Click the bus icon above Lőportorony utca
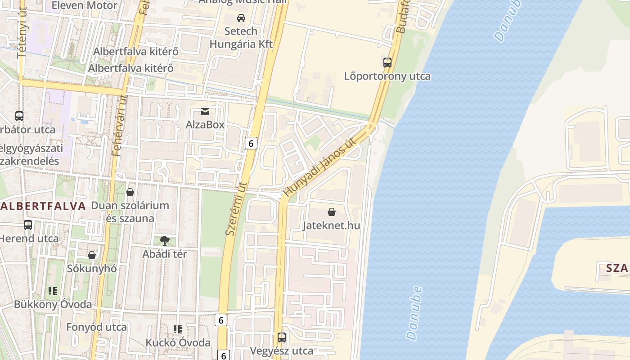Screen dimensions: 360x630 pyautogui.click(x=387, y=63)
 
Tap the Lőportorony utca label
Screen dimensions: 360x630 pyautogui.click(x=387, y=76)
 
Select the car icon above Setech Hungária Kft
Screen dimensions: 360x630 pyautogui.click(x=241, y=18)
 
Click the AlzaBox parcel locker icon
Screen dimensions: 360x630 pyautogui.click(x=205, y=111)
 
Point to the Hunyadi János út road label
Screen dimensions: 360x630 pyautogui.click(x=319, y=168)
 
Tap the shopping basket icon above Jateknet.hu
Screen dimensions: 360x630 pyautogui.click(x=332, y=212)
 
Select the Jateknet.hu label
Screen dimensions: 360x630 pyautogui.click(x=332, y=225)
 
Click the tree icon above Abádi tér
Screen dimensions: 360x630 pyautogui.click(x=165, y=240)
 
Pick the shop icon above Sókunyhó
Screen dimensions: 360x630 pyautogui.click(x=92, y=255)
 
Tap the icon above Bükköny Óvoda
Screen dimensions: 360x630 pyautogui.click(x=53, y=291)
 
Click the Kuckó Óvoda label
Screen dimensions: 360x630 pyautogui.click(x=178, y=342)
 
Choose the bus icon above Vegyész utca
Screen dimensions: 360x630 pyautogui.click(x=282, y=337)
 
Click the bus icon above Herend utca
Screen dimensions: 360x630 pyautogui.click(x=28, y=225)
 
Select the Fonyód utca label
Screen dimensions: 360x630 pyautogui.click(x=96, y=327)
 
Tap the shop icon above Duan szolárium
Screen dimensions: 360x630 pyautogui.click(x=130, y=192)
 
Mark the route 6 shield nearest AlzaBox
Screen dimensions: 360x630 pyautogui.click(x=251, y=143)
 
